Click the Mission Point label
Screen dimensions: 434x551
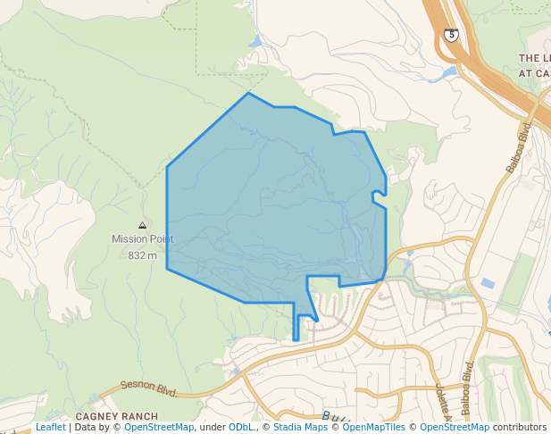(x=143, y=239)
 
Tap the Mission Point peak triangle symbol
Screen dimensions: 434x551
(x=143, y=225)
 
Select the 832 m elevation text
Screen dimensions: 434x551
(x=143, y=255)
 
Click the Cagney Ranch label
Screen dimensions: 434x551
(x=117, y=416)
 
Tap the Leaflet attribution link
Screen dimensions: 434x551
(x=50, y=428)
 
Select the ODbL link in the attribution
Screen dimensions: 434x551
(x=241, y=428)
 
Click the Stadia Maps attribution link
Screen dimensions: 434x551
(x=299, y=428)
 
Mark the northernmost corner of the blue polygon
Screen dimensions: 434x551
(x=248, y=93)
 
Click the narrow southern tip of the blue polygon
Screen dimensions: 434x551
(x=296, y=338)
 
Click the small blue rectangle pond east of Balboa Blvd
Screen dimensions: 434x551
(x=488, y=283)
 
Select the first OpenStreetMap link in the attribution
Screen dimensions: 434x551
(x=159, y=428)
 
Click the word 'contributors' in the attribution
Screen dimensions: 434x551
(x=520, y=428)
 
